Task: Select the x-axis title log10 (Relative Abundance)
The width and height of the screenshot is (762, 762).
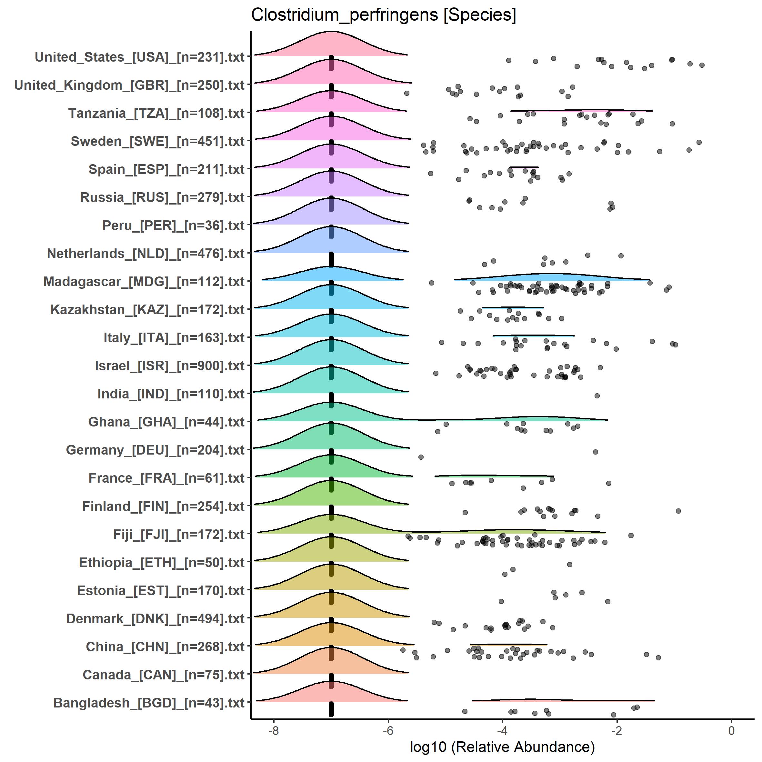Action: click(x=502, y=747)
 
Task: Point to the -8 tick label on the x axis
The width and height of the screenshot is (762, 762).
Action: click(x=273, y=730)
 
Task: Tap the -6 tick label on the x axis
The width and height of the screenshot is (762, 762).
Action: click(x=388, y=730)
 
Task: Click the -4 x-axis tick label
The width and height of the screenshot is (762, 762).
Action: click(x=502, y=730)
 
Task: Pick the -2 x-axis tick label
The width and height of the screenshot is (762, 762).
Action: click(x=617, y=730)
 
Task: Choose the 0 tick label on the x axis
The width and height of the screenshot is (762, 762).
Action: click(x=731, y=730)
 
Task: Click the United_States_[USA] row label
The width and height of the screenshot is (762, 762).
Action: click(x=140, y=57)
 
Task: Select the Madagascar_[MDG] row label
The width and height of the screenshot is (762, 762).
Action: click(x=144, y=282)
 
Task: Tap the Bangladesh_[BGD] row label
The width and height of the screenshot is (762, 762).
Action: click(x=149, y=703)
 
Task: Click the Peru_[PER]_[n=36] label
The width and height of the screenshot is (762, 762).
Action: click(x=174, y=226)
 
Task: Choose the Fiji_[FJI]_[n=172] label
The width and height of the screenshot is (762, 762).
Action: click(x=179, y=535)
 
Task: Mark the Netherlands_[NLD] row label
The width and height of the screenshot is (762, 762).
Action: click(x=145, y=254)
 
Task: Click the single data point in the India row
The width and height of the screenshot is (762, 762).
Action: click(x=597, y=396)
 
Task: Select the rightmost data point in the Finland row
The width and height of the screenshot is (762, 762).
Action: click(x=678, y=511)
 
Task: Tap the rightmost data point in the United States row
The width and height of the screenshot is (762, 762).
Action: click(x=702, y=65)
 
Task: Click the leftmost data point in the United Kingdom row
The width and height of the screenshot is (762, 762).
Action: click(x=406, y=93)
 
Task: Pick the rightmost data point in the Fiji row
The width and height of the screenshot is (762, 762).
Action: click(x=631, y=535)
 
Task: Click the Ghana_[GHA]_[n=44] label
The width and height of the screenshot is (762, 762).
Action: click(x=166, y=422)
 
